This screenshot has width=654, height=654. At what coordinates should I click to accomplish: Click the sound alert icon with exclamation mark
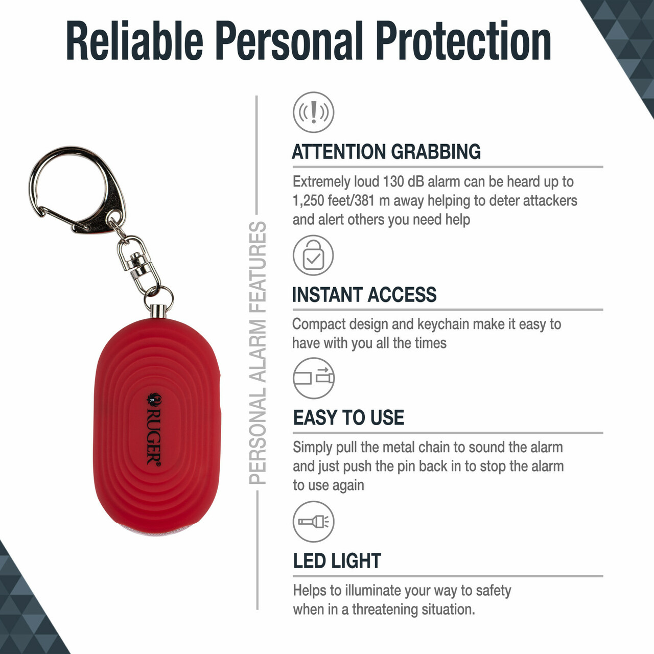click(314, 112)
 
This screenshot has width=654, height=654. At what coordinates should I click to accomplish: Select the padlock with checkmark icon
click(313, 255)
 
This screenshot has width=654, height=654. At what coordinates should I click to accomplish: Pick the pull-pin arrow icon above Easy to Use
click(314, 378)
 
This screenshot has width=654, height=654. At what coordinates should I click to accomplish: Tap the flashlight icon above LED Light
click(314, 522)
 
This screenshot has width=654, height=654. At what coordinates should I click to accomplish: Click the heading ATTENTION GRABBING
click(386, 152)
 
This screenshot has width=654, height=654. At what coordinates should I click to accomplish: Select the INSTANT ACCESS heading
click(364, 295)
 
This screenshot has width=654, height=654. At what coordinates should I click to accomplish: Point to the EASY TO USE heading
click(348, 417)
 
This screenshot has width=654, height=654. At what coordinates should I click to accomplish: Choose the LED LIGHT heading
click(337, 560)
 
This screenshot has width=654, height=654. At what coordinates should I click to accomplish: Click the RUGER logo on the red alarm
click(154, 430)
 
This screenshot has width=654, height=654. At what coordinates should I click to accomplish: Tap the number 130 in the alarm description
click(393, 182)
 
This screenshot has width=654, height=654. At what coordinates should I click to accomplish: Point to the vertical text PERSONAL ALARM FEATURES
click(258, 353)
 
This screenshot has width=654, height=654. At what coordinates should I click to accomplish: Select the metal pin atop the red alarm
click(158, 311)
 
